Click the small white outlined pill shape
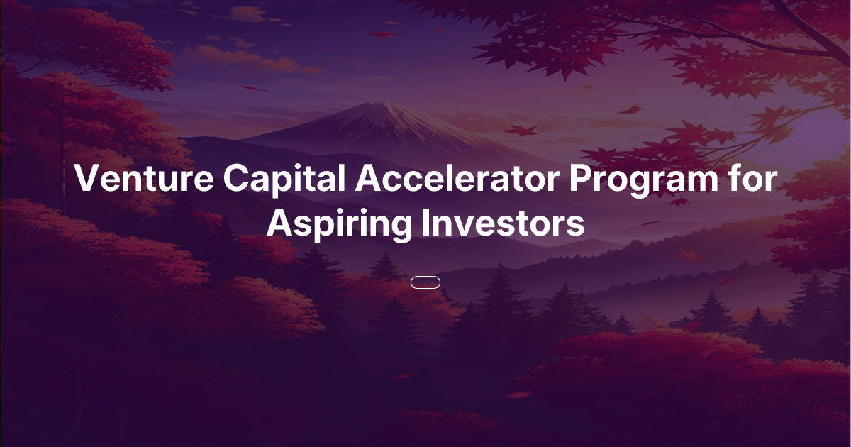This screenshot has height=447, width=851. pyautogui.click(x=425, y=282)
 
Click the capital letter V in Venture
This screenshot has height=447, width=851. pyautogui.click(x=87, y=180)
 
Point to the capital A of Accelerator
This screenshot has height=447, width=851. pyautogui.click(x=369, y=180)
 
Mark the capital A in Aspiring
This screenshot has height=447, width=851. pyautogui.click(x=279, y=224)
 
